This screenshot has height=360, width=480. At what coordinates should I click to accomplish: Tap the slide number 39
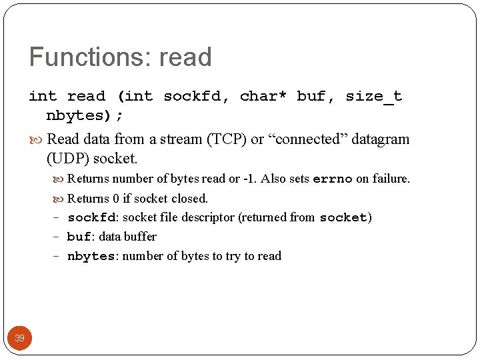click(x=19, y=338)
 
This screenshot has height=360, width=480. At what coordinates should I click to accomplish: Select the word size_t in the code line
click(x=373, y=97)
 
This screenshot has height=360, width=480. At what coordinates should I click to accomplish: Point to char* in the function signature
click(x=263, y=97)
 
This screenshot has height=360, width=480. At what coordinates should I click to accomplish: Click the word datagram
click(x=381, y=139)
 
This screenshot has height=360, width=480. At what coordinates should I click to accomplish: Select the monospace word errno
click(x=332, y=179)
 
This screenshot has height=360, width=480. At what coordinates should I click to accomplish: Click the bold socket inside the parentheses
click(x=343, y=217)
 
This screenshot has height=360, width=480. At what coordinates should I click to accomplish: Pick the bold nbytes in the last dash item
click(x=91, y=256)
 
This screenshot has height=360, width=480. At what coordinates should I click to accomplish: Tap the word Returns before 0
click(x=88, y=198)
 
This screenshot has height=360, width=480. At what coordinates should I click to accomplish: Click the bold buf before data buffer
click(x=79, y=237)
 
